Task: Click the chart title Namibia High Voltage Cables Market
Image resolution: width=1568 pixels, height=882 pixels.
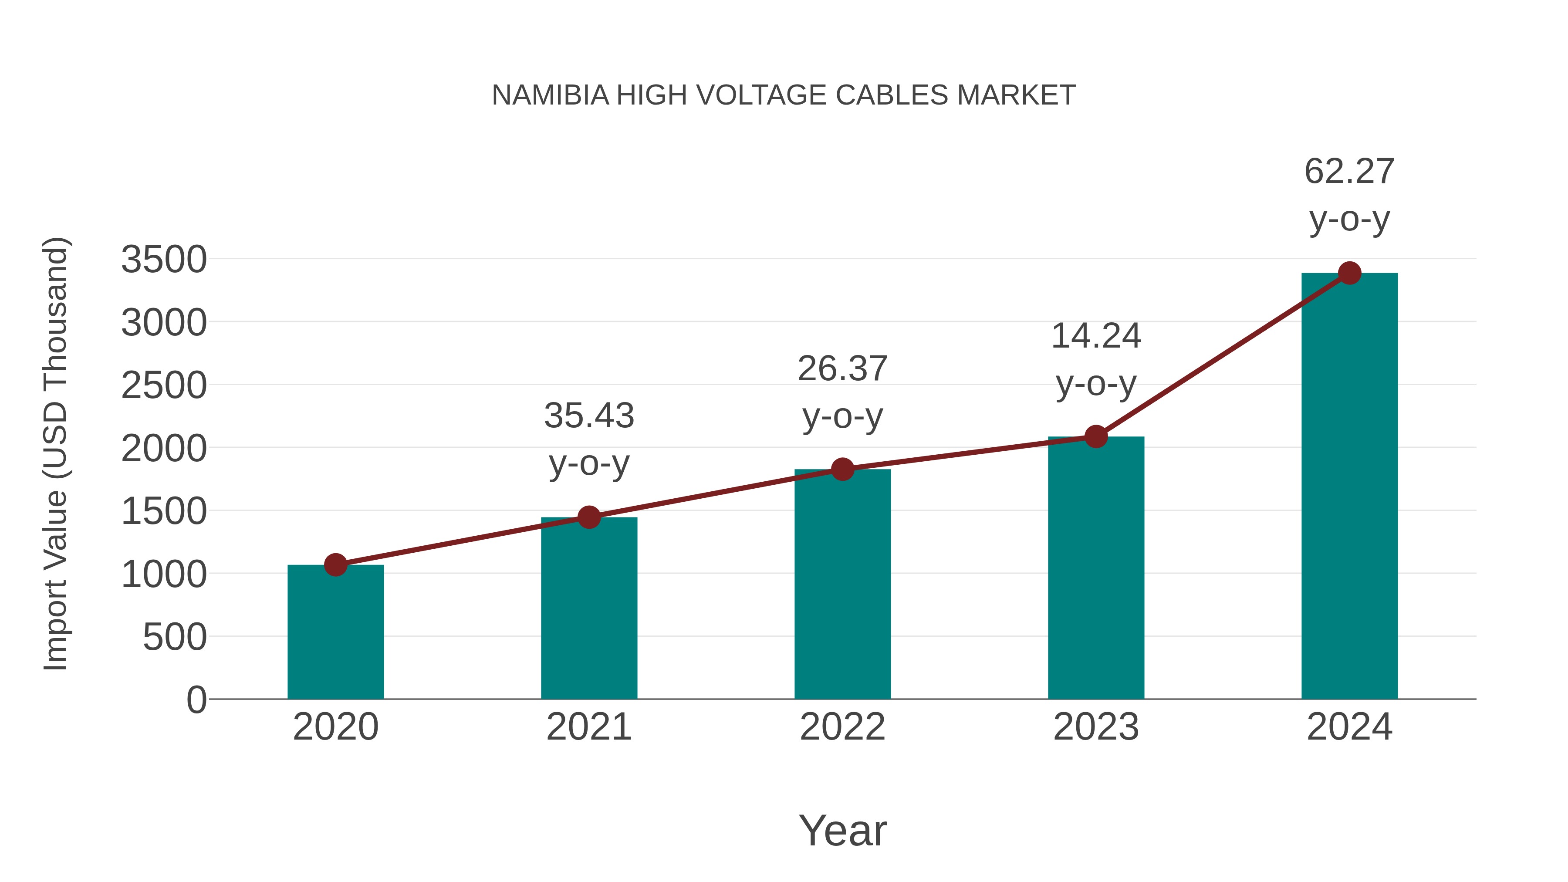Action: (x=784, y=95)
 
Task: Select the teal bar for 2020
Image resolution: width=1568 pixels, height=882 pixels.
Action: (x=335, y=633)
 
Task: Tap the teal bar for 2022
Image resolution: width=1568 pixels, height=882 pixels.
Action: (x=842, y=585)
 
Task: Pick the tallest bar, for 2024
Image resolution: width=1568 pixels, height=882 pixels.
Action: (x=1349, y=487)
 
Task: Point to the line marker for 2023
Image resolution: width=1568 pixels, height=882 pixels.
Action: (x=1096, y=436)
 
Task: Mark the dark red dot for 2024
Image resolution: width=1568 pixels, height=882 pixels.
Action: (x=1349, y=273)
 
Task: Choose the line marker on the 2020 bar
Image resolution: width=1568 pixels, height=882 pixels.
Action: (x=335, y=565)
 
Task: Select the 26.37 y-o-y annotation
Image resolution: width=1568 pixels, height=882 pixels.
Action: (x=842, y=369)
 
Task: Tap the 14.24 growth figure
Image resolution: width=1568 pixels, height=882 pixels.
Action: (x=1096, y=336)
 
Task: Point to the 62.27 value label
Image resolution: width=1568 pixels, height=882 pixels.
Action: (x=1349, y=171)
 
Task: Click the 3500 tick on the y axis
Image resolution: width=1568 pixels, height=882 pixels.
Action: (x=164, y=260)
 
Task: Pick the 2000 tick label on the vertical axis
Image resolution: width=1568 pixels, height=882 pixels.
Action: (x=164, y=449)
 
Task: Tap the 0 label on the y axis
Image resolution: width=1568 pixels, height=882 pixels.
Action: (x=196, y=700)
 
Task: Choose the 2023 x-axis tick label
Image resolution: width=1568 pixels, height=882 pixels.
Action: (x=1096, y=727)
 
